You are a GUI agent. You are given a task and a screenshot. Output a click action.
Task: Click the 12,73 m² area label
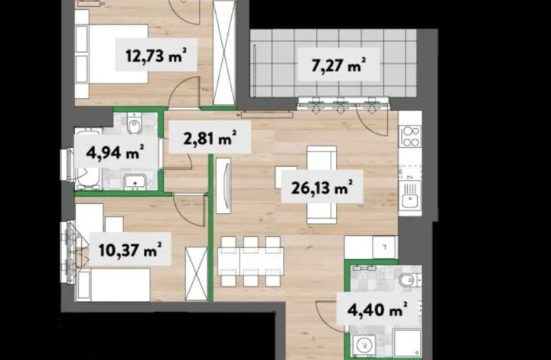click(x=155, y=55)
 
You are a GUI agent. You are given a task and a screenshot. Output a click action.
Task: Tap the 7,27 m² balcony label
click(x=338, y=64)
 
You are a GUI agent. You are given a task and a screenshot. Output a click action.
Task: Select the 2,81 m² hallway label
click(x=210, y=137)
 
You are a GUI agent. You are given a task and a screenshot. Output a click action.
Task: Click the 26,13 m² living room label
click(x=322, y=187)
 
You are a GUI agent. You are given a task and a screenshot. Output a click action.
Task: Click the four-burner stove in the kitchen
click(x=410, y=136)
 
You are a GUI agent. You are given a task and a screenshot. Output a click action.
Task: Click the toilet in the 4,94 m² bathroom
click(x=134, y=123)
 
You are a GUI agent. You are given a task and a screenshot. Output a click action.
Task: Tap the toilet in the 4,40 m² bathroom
click(x=409, y=280)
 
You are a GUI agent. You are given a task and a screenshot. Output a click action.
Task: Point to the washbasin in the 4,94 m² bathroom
click(x=135, y=182)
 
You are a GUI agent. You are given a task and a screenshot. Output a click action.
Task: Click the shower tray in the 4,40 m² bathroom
click(x=407, y=343)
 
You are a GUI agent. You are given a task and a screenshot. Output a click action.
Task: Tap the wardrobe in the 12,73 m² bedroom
click(x=224, y=53)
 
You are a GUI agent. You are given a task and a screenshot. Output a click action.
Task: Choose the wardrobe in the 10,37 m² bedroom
click(x=197, y=274)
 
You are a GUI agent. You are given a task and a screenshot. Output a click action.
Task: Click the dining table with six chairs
click(x=250, y=261)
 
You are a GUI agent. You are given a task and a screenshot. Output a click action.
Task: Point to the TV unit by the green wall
click(x=223, y=185)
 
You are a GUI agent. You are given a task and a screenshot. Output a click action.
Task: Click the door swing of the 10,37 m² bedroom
click(x=188, y=211)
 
